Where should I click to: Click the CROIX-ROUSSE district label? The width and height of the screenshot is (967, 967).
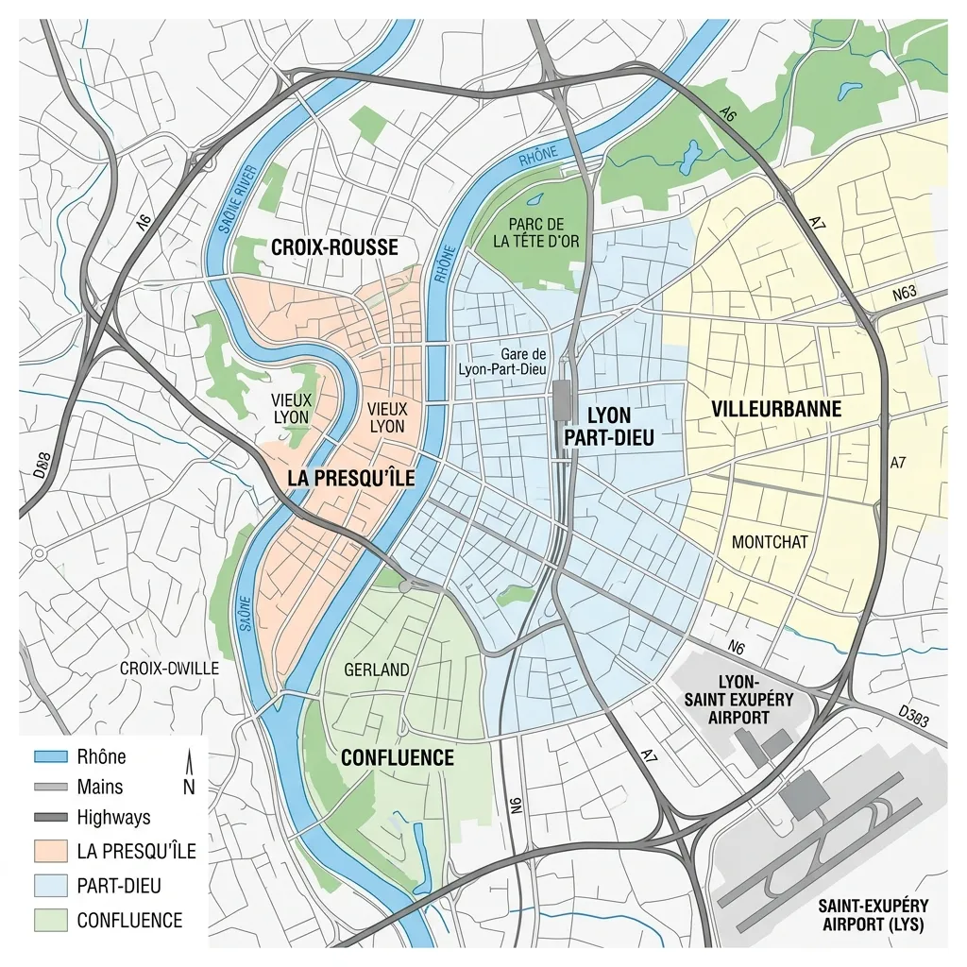tap(334, 247)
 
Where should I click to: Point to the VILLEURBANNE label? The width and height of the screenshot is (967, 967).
tap(776, 409)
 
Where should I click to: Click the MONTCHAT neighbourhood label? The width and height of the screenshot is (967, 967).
tap(770, 542)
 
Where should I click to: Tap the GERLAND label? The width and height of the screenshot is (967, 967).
tap(377, 670)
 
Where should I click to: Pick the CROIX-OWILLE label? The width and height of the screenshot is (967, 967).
tap(169, 669)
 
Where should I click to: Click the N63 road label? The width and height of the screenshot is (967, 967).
tap(905, 293)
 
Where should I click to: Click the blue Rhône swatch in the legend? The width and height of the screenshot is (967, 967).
tap(50, 757)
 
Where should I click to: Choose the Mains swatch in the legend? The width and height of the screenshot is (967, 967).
tap(50, 788)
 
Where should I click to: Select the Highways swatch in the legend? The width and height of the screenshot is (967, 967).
tap(50, 818)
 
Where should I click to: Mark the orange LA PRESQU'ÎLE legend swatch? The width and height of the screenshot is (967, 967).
tap(50, 851)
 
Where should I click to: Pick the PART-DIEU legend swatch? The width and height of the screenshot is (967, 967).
tap(50, 885)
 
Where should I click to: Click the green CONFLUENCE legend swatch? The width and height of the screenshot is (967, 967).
tap(50, 919)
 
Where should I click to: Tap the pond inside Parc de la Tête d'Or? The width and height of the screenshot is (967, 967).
tap(535, 200)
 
